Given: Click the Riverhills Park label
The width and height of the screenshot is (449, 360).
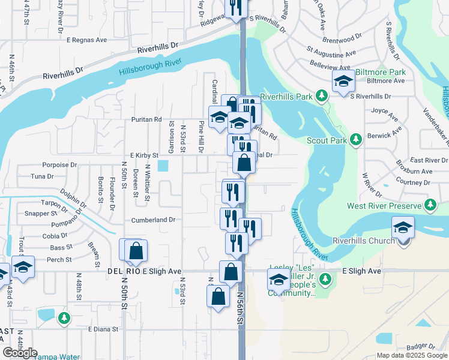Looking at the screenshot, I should point(287,96).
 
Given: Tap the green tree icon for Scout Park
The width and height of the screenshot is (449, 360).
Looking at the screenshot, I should point(356,139).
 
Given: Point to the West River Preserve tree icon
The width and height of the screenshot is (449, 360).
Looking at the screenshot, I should point(430,206).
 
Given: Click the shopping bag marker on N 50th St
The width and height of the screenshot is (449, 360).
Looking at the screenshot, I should point(136,250).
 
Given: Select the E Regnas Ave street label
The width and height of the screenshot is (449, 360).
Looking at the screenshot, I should point(86,40).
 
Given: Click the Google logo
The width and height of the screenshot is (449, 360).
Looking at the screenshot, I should point(20,353).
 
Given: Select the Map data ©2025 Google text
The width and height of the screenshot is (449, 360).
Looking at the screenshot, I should point(411,355).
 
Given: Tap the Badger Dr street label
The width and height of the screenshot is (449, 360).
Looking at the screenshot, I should point(420,346).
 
